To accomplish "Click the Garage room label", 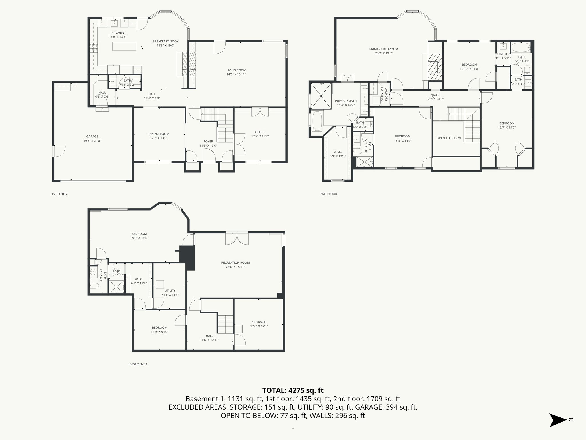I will (x=92, y=137).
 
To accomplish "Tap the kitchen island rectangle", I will (x=124, y=46).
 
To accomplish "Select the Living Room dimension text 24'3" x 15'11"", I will (x=236, y=74).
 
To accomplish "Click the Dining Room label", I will (x=159, y=134).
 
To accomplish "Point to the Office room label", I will (x=260, y=132).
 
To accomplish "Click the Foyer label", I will (x=208, y=141).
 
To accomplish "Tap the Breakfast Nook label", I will (x=165, y=41).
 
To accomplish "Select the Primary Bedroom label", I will (x=383, y=49).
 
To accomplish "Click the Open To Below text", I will (x=449, y=138).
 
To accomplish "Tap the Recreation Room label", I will (x=235, y=262).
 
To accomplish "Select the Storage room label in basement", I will (x=259, y=322).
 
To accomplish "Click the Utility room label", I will (x=170, y=290).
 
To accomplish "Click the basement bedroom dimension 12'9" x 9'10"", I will (x=159, y=332).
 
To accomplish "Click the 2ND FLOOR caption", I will (x=328, y=194).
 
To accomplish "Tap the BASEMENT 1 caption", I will (x=138, y=364).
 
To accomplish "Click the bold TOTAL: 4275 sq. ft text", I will (x=293, y=390).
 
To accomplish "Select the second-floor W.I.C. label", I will (x=337, y=152).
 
